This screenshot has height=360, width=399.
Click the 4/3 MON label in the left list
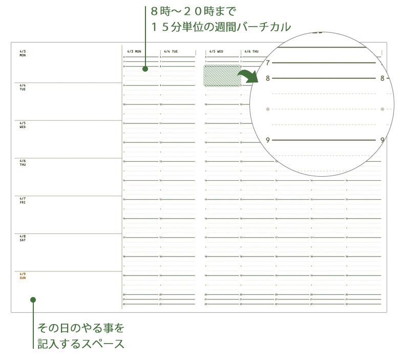pyautogui.click(x=23, y=53)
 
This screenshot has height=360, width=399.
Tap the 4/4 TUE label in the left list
pyautogui.click(x=23, y=88)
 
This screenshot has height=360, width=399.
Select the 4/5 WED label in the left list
pyautogui.click(x=23, y=125)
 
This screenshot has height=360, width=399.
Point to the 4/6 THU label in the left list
pyautogui.click(x=23, y=163)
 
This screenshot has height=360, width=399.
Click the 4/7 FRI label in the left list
pyautogui.click(x=23, y=200)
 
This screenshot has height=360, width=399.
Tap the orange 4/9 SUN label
pyautogui.click(x=23, y=276)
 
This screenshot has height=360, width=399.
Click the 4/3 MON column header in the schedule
pyautogui.click(x=134, y=52)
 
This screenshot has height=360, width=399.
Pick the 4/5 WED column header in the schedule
pyautogui.click(x=216, y=52)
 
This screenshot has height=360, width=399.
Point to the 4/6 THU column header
pyautogui.click(x=251, y=52)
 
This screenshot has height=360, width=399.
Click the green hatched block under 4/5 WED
pyautogui.click(x=222, y=75)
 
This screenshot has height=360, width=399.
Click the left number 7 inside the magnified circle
pyautogui.click(x=267, y=62)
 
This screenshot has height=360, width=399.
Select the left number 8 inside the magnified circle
pyautogui.click(x=267, y=78)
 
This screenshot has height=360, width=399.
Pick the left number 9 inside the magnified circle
pyautogui.click(x=267, y=140)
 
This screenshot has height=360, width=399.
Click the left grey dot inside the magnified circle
pyautogui.click(x=268, y=109)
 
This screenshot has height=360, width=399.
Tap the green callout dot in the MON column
pyautogui.click(x=145, y=68)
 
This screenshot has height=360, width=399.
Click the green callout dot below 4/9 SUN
pyautogui.click(x=33, y=300)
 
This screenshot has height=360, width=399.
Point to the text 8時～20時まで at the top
pyautogui.click(x=193, y=10)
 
